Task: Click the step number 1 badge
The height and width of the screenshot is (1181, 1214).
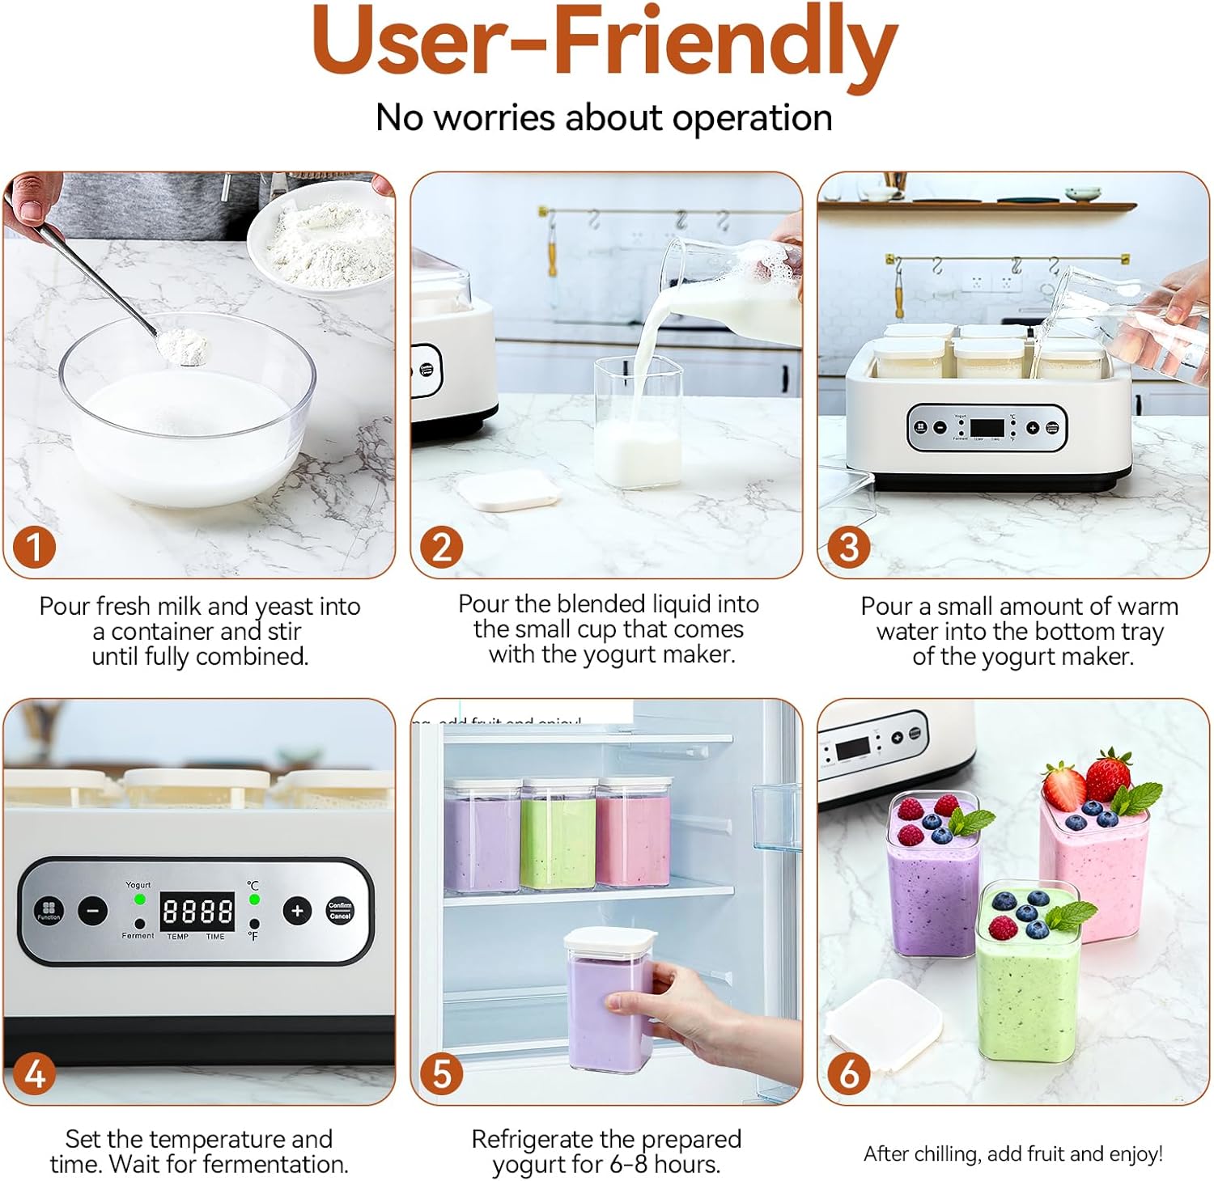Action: (x=34, y=547)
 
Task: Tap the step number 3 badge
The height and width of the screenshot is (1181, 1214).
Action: (x=847, y=547)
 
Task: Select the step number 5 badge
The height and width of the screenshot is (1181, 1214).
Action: (x=441, y=1073)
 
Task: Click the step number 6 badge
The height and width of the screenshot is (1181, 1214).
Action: (x=847, y=1073)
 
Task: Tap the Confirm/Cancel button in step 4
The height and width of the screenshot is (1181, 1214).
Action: (x=340, y=911)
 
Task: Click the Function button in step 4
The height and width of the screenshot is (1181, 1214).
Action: (x=49, y=911)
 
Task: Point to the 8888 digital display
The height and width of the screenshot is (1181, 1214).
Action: (x=197, y=912)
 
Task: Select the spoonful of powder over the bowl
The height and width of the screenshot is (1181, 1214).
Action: (x=183, y=347)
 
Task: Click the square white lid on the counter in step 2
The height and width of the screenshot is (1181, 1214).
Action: (x=508, y=491)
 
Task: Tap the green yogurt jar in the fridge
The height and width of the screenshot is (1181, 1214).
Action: (x=558, y=835)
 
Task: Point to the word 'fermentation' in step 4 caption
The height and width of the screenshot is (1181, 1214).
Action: (x=276, y=1165)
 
